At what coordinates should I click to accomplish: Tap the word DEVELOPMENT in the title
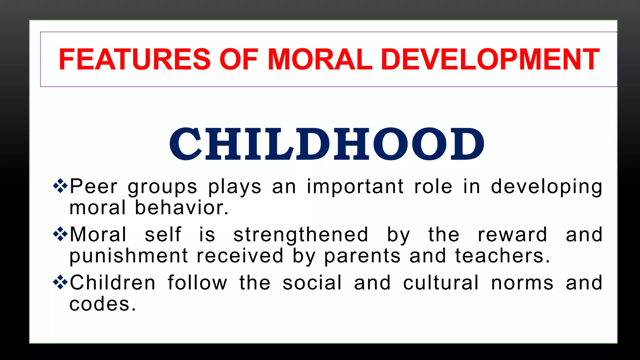coord(490,59)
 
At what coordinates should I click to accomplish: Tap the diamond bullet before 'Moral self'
coord(60,234)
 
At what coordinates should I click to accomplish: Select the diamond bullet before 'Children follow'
coord(60,282)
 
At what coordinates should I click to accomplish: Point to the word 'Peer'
coord(93,187)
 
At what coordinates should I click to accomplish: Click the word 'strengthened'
coord(301,235)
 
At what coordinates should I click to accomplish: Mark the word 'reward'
coord(512,235)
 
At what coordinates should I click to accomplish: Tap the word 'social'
coord(312,283)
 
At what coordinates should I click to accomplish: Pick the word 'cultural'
coord(441,283)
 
